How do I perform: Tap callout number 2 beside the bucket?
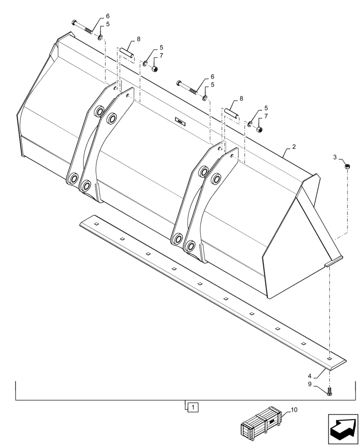click(x=295, y=146)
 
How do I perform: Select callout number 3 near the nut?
click(x=335, y=157)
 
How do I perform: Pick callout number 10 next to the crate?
click(x=294, y=409)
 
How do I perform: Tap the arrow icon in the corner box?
click(x=343, y=428)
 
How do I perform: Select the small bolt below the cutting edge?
click(x=329, y=391)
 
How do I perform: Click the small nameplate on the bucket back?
click(x=180, y=120)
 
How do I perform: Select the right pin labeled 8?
click(x=231, y=113)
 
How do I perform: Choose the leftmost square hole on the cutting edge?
click(x=96, y=222)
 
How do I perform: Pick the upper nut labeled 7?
click(x=155, y=69)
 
